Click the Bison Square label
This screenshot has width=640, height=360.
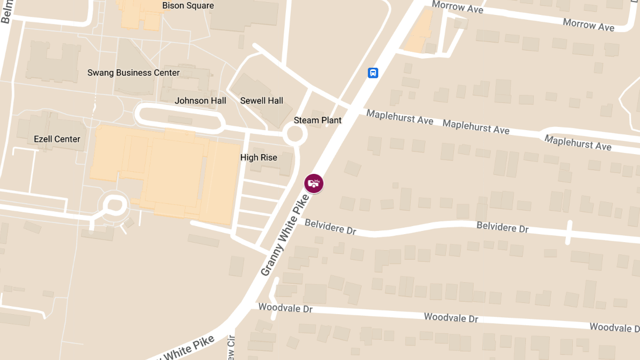point(188,6)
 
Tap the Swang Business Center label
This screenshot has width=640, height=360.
point(133,73)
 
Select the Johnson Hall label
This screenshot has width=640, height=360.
point(200,101)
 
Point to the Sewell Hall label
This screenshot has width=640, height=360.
point(261,101)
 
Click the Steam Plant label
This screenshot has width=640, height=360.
point(317,121)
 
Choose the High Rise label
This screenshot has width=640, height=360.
point(259,158)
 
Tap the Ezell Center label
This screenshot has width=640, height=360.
point(57,139)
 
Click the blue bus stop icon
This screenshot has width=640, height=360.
point(373,73)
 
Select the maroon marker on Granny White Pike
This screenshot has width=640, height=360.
point(314,183)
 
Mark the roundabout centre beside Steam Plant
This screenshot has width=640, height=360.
point(294,134)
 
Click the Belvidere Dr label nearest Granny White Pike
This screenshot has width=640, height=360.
point(330,227)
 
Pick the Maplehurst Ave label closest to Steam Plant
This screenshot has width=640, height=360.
point(399,117)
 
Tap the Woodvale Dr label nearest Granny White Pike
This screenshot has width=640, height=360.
point(285,308)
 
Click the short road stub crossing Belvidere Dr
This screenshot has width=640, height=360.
point(569,232)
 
